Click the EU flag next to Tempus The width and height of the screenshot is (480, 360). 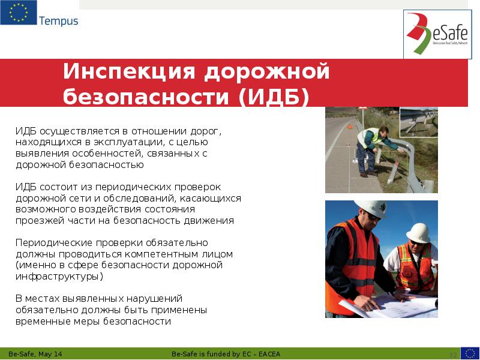19,13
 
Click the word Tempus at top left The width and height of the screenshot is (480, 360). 58,21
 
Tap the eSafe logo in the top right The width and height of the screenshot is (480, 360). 437,34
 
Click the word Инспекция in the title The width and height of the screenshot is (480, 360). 127,71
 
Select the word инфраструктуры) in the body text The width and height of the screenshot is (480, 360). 59,277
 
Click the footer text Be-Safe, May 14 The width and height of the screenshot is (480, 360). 35,354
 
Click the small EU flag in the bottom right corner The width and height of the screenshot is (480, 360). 470,353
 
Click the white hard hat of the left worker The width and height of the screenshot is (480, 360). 369,208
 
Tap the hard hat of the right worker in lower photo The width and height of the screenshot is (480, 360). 418,232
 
